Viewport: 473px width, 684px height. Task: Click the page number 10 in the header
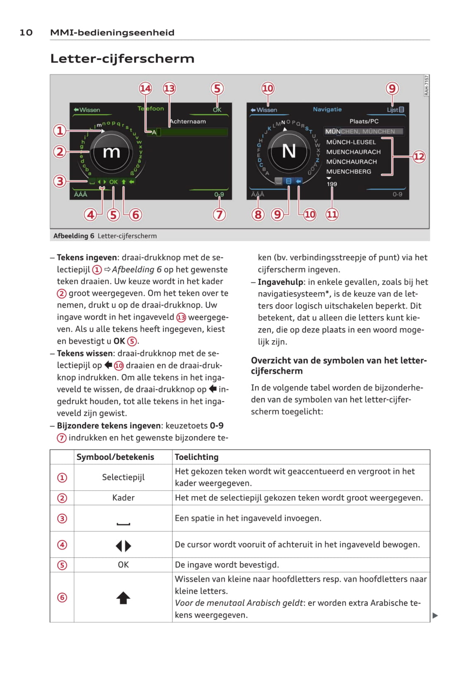(x=26, y=33)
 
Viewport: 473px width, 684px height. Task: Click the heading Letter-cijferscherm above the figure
(x=122, y=59)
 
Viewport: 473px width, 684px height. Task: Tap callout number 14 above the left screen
(x=145, y=88)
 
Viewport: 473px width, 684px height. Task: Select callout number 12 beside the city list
(x=419, y=156)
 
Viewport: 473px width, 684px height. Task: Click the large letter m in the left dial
(x=111, y=152)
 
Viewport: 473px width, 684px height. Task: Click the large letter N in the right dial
(x=289, y=151)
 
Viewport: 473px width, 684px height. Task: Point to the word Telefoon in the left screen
(x=151, y=108)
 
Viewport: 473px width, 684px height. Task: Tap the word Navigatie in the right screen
(x=327, y=109)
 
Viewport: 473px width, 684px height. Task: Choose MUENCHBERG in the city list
(x=348, y=172)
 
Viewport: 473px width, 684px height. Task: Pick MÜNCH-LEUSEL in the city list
(x=351, y=142)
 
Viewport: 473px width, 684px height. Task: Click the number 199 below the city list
(x=332, y=184)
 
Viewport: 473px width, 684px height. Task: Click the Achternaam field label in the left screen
(x=188, y=122)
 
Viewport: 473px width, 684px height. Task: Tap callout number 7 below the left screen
(x=219, y=215)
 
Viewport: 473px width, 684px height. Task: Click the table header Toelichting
(x=196, y=457)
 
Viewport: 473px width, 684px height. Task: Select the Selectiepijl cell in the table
(x=123, y=477)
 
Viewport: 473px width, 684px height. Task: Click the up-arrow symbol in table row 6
(x=123, y=598)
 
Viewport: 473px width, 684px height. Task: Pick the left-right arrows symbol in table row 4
(x=123, y=546)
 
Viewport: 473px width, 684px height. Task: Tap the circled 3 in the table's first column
(x=62, y=519)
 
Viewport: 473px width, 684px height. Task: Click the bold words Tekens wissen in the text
(x=84, y=354)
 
